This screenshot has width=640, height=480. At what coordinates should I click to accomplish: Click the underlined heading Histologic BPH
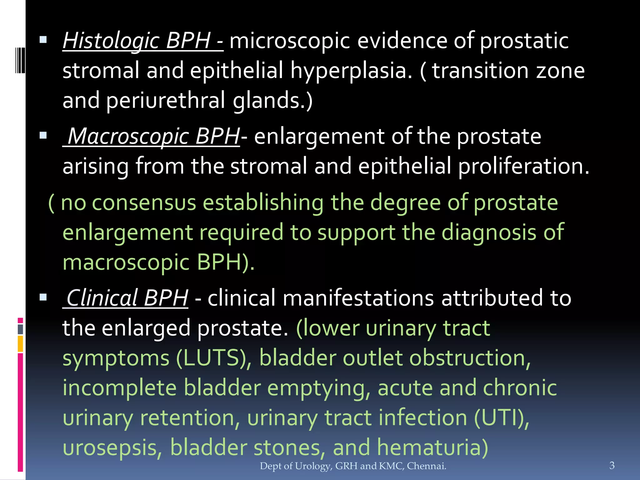point(142,41)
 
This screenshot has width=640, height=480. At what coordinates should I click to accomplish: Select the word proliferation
point(524,166)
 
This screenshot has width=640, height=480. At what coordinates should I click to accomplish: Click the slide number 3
point(612,465)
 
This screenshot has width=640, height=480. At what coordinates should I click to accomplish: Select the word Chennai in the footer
point(426,466)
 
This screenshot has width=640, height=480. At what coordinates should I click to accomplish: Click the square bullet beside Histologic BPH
point(43,40)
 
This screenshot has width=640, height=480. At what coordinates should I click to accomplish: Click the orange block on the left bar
point(20,344)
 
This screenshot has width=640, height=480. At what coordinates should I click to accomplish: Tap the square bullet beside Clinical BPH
point(43,297)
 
